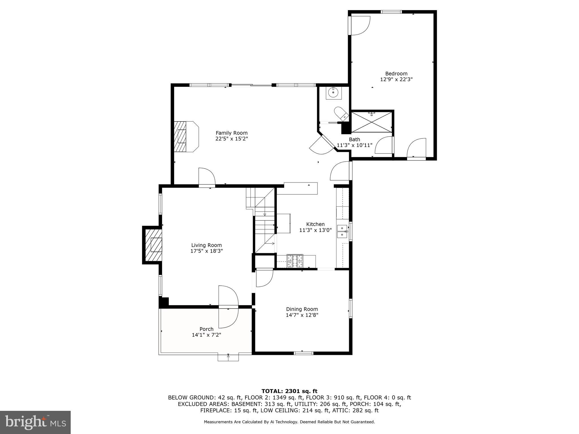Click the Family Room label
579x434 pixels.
point(232,133)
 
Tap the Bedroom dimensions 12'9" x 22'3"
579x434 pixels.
point(396,80)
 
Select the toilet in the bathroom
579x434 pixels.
point(341,114)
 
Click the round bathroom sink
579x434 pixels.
point(333,92)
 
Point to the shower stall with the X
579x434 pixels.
point(371,122)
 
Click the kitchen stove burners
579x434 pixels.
point(295,261)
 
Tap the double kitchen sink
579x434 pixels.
point(342,231)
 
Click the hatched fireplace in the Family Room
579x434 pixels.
point(181,137)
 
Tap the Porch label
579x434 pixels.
point(206,329)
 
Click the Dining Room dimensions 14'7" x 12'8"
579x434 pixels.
point(302,315)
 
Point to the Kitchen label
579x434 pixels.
point(315,224)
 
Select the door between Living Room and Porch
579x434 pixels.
point(228,307)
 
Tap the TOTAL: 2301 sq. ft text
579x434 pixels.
point(289,391)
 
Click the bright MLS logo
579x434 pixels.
point(35,422)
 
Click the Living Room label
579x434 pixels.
point(206,245)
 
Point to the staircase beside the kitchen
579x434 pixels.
point(264,223)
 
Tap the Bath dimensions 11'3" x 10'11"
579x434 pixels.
point(354,145)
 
